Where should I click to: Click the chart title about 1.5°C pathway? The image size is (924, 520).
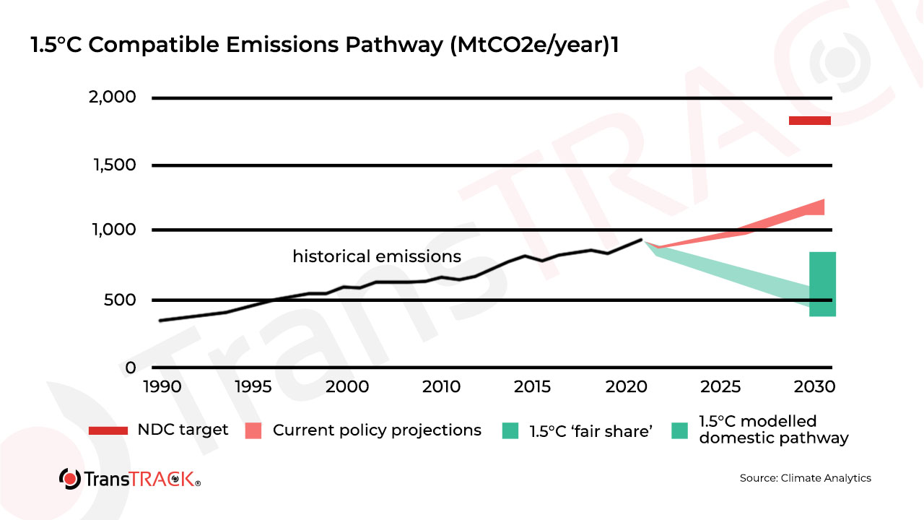click(x=325, y=45)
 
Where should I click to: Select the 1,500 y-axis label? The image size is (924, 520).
click(x=113, y=165)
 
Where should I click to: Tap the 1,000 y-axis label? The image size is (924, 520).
click(x=113, y=230)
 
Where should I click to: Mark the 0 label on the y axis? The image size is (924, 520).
click(x=130, y=368)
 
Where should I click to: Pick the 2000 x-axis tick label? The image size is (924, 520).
click(x=346, y=386)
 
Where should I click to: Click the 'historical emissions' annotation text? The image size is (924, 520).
click(x=376, y=256)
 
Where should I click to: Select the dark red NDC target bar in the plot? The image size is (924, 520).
click(x=809, y=121)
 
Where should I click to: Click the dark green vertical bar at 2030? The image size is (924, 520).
click(x=822, y=284)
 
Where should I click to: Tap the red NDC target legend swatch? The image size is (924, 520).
click(x=108, y=430)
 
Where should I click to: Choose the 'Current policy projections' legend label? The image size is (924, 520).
click(x=377, y=430)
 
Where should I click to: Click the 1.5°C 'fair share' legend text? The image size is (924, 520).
click(x=591, y=431)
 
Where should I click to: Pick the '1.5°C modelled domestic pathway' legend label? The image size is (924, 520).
click(x=773, y=430)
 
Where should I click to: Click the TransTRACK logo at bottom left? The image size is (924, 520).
click(x=130, y=478)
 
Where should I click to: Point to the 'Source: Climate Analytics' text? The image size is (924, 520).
click(x=805, y=478)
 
